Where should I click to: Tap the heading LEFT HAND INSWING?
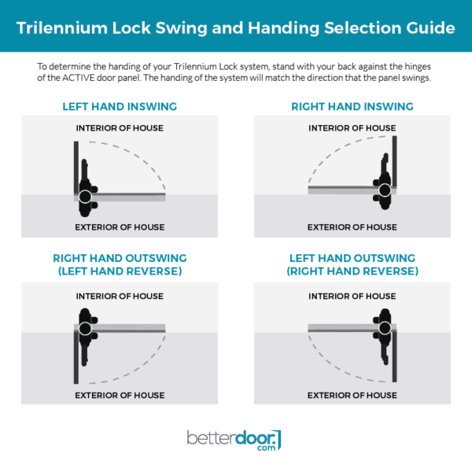click(x=120, y=106)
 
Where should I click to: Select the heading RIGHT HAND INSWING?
click(x=352, y=106)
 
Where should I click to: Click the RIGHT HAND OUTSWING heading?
click(x=120, y=258)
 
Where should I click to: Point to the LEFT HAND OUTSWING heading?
click(x=352, y=258)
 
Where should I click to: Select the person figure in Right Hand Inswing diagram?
click(x=385, y=189)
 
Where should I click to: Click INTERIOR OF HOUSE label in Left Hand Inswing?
click(x=120, y=127)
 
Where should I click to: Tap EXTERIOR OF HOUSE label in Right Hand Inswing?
click(x=352, y=227)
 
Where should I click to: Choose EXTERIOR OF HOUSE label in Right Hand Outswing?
click(x=120, y=395)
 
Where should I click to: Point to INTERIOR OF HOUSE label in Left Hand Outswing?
click(x=352, y=297)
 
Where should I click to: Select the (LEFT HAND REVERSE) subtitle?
click(x=120, y=271)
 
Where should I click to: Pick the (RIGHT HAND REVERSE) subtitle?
click(x=352, y=271)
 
